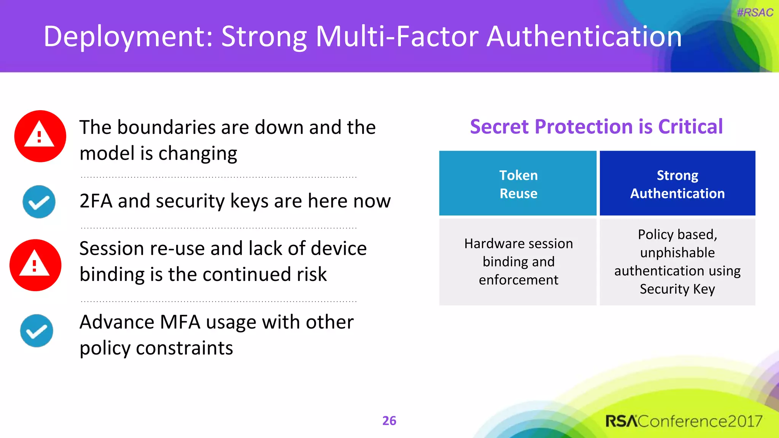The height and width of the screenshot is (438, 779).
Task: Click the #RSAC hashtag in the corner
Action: pyautogui.click(x=755, y=13)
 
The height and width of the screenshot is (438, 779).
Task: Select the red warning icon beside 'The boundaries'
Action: pyautogui.click(x=40, y=136)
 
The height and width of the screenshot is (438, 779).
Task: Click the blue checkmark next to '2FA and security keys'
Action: pyautogui.click(x=39, y=202)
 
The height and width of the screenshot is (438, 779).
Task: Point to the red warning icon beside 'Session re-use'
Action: pyautogui.click(x=35, y=265)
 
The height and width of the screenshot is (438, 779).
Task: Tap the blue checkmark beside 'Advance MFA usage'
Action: pyautogui.click(x=37, y=331)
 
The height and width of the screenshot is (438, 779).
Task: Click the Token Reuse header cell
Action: pyautogui.click(x=518, y=184)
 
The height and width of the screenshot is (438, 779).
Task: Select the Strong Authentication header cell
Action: pyautogui.click(x=677, y=184)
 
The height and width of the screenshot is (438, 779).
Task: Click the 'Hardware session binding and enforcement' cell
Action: pyautogui.click(x=518, y=262)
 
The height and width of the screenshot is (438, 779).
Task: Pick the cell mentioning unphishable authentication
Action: pyautogui.click(x=677, y=262)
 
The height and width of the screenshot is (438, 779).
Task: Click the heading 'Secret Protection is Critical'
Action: pyautogui.click(x=596, y=127)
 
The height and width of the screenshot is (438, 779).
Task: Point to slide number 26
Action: pyautogui.click(x=389, y=421)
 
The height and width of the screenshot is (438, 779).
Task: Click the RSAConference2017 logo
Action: pyautogui.click(x=684, y=421)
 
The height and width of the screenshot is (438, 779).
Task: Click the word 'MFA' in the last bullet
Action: pyautogui.click(x=180, y=322)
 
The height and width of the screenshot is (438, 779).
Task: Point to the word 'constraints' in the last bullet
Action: pyautogui.click(x=184, y=348)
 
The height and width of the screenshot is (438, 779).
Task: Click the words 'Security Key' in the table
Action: pyautogui.click(x=677, y=289)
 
